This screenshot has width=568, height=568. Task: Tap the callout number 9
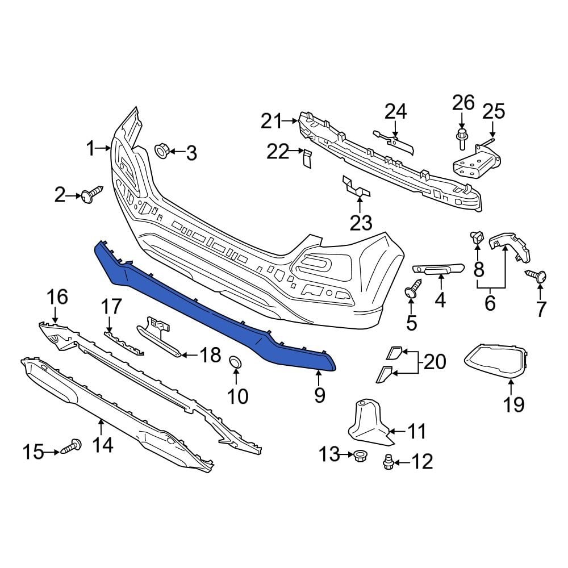tap(319, 395)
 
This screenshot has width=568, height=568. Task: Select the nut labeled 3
tap(161, 152)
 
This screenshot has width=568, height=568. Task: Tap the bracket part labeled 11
tap(366, 423)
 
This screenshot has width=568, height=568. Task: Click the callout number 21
tap(272, 120)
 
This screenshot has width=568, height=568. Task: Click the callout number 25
tap(493, 111)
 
